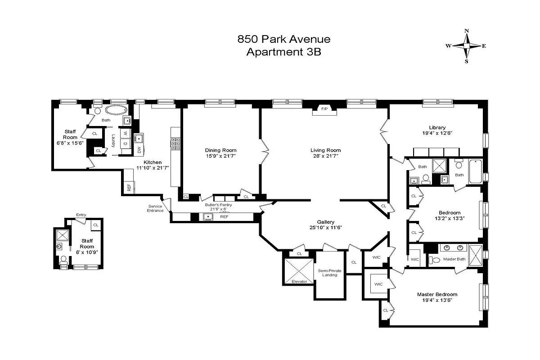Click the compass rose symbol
coord(467,46)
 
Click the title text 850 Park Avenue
coord(283,39)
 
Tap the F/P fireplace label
coord(324,109)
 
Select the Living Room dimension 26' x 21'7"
coord(325,156)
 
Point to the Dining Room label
coord(220,150)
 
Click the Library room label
coord(437,127)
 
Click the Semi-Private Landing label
coord(329,273)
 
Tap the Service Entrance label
coord(155,208)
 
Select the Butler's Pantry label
coord(218,205)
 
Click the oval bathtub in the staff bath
coord(116,110)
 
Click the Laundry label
coord(113,141)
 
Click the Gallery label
coord(325,222)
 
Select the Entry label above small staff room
coord(81,215)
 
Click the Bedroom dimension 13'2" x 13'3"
coord(450,219)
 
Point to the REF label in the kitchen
coord(129,187)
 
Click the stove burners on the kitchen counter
coord(175,143)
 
